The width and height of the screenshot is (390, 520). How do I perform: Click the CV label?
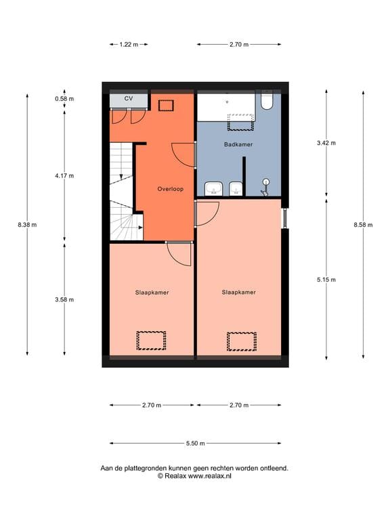[x=128, y=99]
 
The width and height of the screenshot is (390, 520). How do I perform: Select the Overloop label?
[x=169, y=189]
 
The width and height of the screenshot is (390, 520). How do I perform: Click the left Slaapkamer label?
[x=152, y=292]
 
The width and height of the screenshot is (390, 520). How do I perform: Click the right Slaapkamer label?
[x=239, y=292]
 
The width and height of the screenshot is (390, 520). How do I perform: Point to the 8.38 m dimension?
[x=27, y=225]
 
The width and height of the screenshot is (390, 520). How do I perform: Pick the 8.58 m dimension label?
[x=363, y=225]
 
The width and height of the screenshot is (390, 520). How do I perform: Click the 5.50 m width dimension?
[x=196, y=443]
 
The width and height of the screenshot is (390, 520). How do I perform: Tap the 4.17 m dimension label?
[x=64, y=175]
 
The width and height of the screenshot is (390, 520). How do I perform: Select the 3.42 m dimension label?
[x=326, y=144]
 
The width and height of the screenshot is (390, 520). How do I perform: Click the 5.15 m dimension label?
[x=326, y=279]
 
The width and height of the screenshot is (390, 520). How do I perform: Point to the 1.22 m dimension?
[x=129, y=45]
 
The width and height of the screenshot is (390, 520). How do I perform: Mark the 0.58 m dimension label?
[x=64, y=99]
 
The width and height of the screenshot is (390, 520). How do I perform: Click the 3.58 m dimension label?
[x=64, y=299]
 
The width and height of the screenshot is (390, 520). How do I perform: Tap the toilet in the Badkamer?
[x=267, y=102]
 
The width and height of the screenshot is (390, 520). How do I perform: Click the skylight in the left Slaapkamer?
[x=152, y=340]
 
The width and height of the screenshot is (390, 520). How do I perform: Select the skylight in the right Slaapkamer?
[x=242, y=341]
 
